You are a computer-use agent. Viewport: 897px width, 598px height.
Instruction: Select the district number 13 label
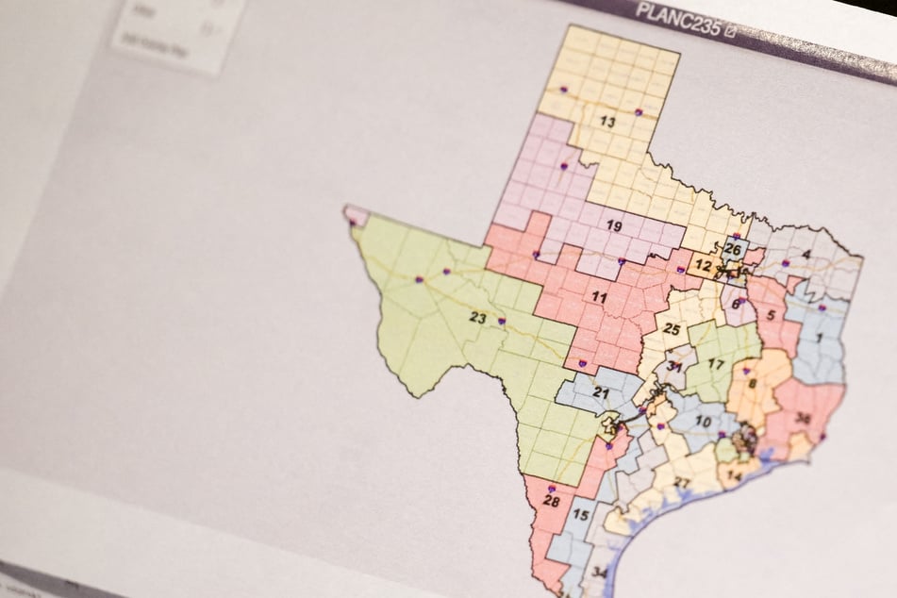(x=607, y=122)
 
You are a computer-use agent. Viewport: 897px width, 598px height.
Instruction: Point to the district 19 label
(x=613, y=226)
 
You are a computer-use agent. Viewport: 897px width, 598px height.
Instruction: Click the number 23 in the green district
(x=478, y=318)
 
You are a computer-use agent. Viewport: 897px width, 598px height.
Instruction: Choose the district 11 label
(x=598, y=298)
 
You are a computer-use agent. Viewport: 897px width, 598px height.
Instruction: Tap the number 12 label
(x=703, y=267)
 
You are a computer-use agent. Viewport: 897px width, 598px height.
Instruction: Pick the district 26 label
(x=733, y=250)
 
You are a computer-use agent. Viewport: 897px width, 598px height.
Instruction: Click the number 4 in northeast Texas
(x=806, y=255)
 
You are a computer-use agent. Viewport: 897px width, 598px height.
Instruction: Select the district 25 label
(x=671, y=329)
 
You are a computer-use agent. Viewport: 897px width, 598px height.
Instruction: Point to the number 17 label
(x=716, y=364)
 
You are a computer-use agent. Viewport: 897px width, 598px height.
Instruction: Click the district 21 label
(x=601, y=392)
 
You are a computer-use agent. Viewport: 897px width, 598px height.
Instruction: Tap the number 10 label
(x=703, y=421)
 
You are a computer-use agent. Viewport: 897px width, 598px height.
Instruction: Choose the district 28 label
(x=551, y=501)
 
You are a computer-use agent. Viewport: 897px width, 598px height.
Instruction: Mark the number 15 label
(x=581, y=515)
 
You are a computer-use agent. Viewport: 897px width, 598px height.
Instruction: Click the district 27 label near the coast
(x=682, y=483)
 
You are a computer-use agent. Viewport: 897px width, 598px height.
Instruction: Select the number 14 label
(x=736, y=477)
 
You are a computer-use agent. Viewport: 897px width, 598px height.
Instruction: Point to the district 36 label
(x=803, y=420)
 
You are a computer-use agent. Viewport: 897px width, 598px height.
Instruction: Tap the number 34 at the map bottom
(x=599, y=573)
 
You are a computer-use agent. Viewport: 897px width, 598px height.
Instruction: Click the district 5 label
(x=772, y=315)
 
